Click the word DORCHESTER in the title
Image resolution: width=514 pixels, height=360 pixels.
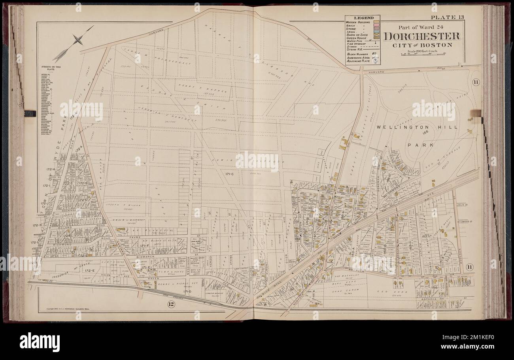422,36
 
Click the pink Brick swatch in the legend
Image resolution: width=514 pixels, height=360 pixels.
376,26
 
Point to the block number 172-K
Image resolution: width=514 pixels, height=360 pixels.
38,224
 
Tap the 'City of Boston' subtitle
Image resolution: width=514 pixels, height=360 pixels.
422,45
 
